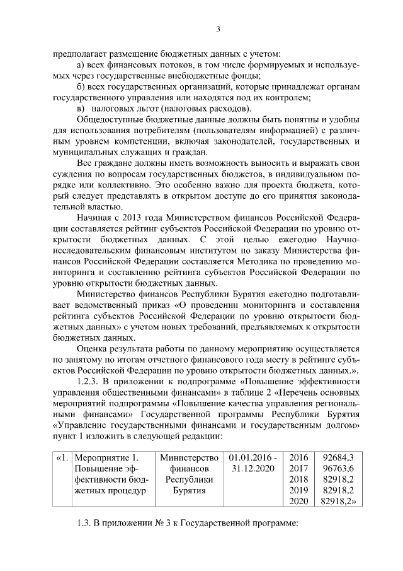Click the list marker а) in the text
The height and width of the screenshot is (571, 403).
click(79, 65)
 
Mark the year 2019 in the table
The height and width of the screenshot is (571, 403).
click(297, 490)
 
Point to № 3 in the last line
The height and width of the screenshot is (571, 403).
click(161, 524)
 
